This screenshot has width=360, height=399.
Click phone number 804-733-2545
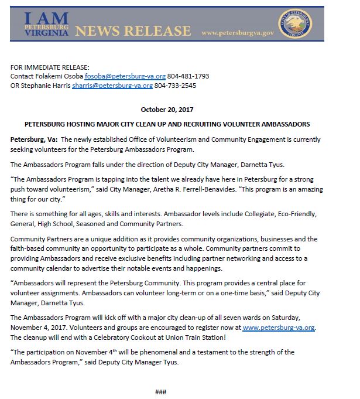point(176,86)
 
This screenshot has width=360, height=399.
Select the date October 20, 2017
point(167,110)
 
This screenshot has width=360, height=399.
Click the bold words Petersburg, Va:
point(34,138)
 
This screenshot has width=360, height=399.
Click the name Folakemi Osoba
point(60,76)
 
